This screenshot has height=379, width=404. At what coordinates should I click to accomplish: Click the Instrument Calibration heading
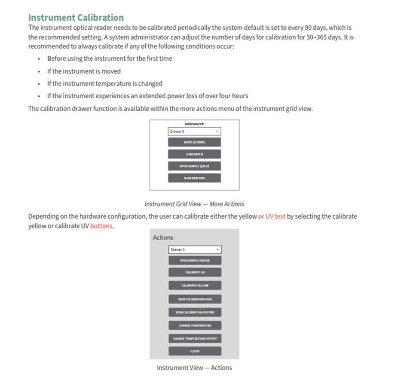(76, 18)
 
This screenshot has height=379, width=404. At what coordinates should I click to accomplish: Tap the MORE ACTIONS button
(194, 142)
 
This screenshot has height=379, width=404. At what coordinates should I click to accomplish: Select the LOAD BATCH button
(194, 154)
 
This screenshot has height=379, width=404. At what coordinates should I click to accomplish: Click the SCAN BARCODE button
(194, 178)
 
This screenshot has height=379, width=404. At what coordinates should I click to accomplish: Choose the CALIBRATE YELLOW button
(195, 285)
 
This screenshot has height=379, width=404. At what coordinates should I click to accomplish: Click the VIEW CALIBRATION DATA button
(195, 299)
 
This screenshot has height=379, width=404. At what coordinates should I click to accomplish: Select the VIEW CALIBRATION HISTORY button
(195, 312)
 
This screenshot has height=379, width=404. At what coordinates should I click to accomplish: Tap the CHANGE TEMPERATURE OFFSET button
(195, 338)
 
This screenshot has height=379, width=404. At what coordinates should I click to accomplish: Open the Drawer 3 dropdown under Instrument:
(194, 131)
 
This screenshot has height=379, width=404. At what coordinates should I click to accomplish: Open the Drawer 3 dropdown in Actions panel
(195, 250)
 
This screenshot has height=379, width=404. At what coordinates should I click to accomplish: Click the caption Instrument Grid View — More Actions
(194, 204)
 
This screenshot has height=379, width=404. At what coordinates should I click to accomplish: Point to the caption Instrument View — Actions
(194, 368)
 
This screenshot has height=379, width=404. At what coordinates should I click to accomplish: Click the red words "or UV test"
(272, 217)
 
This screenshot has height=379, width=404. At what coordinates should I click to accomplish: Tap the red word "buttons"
(102, 226)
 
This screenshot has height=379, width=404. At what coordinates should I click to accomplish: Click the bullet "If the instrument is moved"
(84, 71)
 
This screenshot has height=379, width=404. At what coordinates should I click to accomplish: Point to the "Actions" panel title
(163, 238)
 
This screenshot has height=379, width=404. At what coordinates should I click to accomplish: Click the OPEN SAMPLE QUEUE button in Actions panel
(195, 260)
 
